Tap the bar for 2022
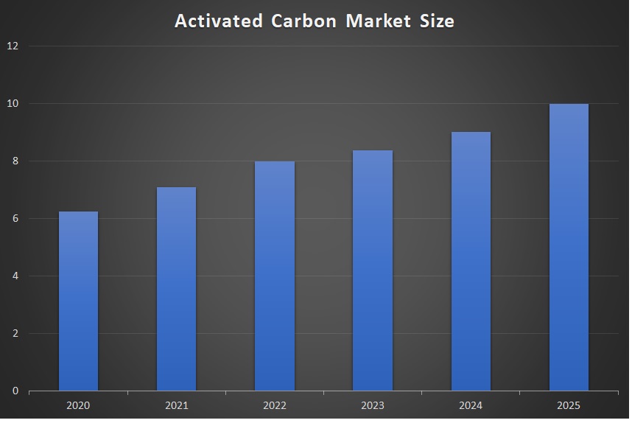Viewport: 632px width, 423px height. tap(274, 276)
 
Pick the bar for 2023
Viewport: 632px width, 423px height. tap(372, 270)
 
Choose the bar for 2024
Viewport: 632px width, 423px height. tap(471, 261)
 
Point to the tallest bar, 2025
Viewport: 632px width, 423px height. tap(569, 247)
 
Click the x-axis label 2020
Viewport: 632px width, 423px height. tap(78, 405)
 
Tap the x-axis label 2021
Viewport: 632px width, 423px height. tap(176, 405)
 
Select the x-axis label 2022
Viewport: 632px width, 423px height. tap(274, 405)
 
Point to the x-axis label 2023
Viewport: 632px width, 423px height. tap(372, 405)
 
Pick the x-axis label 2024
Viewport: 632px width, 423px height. tap(471, 405)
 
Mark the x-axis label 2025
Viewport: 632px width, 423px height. tap(569, 405)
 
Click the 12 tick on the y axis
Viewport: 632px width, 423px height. tap(13, 46)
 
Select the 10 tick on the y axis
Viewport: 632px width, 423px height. tap(13, 103)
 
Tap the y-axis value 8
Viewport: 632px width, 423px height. tap(15, 161)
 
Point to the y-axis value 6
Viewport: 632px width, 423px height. tap(15, 218)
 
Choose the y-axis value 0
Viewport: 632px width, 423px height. tap(15, 391)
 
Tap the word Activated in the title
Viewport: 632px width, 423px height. tap(218, 21)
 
